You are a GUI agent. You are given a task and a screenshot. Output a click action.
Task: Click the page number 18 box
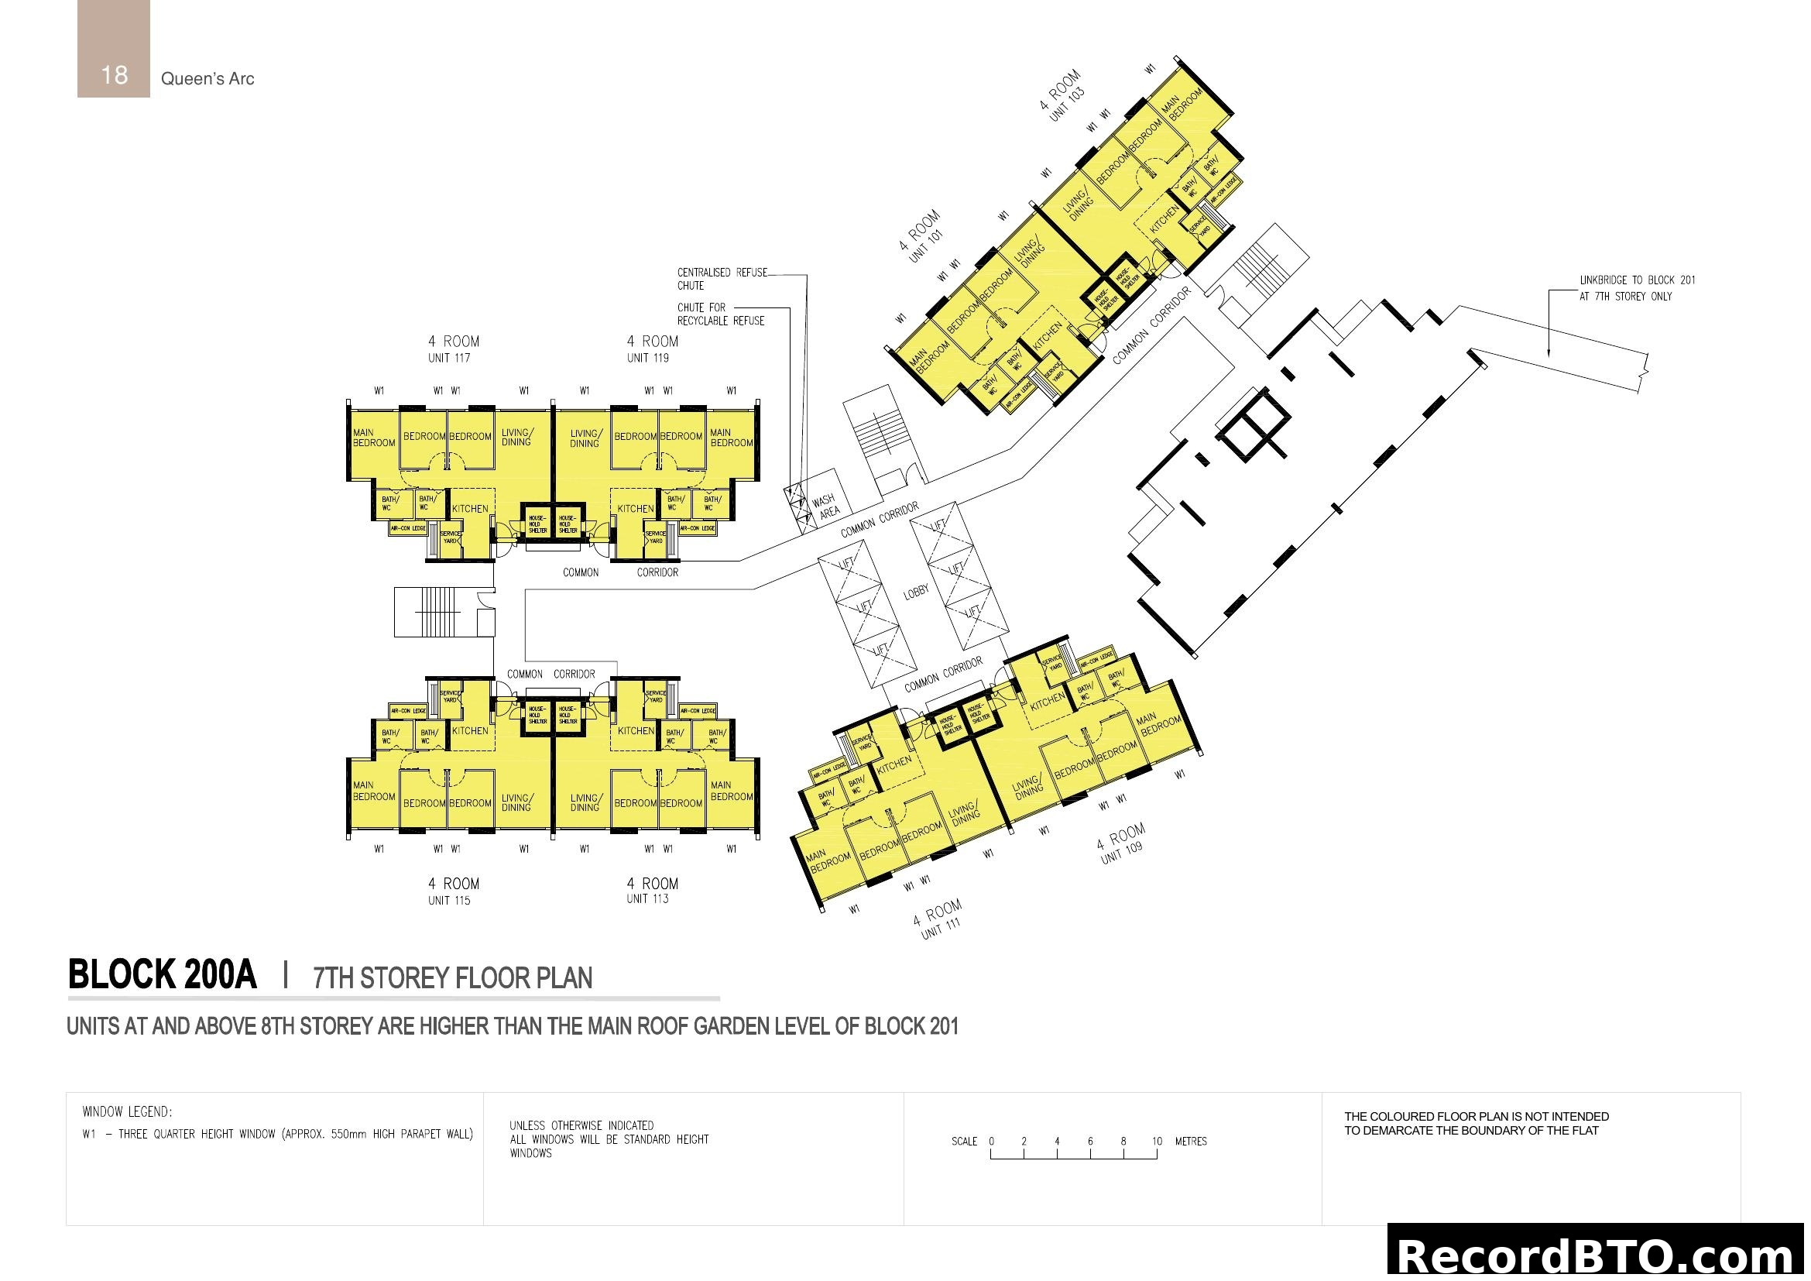click(x=114, y=49)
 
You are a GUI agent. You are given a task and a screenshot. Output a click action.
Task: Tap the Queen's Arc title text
click(x=208, y=79)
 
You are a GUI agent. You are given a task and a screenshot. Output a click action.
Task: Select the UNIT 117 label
click(x=449, y=358)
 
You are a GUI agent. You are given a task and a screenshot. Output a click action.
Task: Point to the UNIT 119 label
click(x=647, y=358)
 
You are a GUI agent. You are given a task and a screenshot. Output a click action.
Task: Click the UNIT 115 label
click(x=449, y=901)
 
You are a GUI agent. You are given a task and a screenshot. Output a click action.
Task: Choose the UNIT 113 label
click(x=647, y=899)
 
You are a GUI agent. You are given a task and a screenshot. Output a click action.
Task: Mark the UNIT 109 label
click(x=1122, y=853)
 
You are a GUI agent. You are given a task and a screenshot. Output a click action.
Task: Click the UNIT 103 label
click(x=1067, y=104)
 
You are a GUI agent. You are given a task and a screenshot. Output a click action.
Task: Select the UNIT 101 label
click(x=926, y=246)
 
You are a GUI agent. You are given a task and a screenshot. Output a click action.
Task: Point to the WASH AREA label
click(x=826, y=507)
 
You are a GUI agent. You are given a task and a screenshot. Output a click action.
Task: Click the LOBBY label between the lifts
click(x=916, y=592)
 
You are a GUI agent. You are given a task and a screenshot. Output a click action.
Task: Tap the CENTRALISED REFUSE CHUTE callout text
click(x=722, y=280)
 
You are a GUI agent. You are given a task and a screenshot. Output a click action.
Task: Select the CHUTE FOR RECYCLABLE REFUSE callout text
click(x=720, y=314)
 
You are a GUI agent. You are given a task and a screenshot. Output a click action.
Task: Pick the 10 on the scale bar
click(x=1156, y=1142)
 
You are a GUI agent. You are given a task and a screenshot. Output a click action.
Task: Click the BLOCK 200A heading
click(x=163, y=975)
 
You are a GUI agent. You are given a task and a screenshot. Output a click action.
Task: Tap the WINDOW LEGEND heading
click(x=127, y=1112)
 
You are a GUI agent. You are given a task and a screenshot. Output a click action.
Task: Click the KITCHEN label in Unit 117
click(x=470, y=509)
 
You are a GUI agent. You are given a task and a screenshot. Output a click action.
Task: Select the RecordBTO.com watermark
click(x=1598, y=1255)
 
